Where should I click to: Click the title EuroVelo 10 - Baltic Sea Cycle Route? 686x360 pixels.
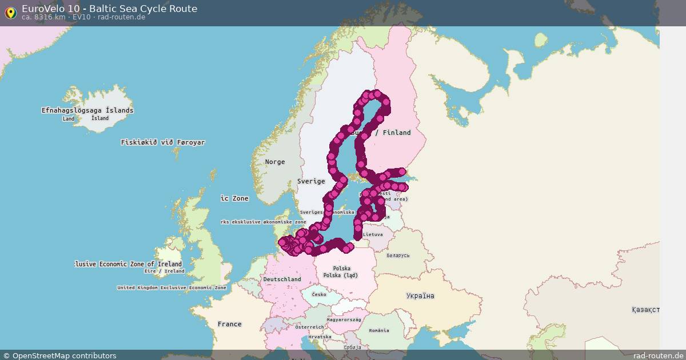point(109,9)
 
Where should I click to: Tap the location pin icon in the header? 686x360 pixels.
point(10,12)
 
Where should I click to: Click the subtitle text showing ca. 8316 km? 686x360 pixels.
point(83,17)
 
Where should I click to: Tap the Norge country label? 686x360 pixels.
point(274,162)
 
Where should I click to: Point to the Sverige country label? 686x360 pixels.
point(310,181)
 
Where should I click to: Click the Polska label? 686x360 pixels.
point(341,268)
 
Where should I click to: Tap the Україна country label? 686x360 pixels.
point(420,296)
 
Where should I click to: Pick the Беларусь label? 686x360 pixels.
point(398,255)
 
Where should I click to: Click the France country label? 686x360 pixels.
point(229,324)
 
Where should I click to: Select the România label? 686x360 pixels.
point(378,330)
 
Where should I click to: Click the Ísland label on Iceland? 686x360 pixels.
point(100,118)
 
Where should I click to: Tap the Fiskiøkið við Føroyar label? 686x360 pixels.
point(162,142)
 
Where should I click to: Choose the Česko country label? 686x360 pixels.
point(319,294)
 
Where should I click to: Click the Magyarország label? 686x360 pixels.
point(344,320)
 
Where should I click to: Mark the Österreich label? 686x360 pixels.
point(309,327)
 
